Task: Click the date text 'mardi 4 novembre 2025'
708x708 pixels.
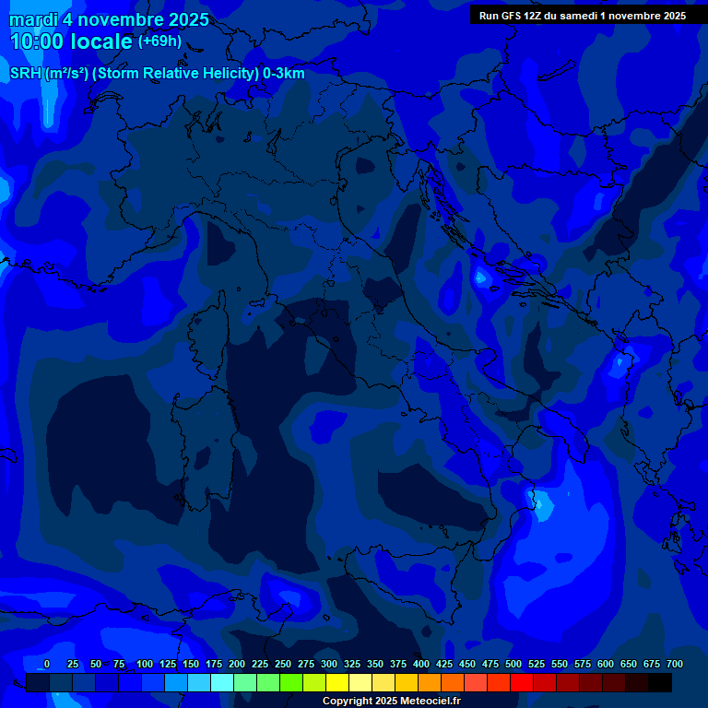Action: pyautogui.click(x=109, y=19)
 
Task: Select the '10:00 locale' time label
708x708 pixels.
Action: pyautogui.click(x=72, y=41)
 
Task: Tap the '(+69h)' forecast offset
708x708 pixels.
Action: pyautogui.click(x=159, y=41)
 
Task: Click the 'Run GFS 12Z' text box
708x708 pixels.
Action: pyautogui.click(x=582, y=16)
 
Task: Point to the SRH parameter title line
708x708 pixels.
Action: pyautogui.click(x=157, y=73)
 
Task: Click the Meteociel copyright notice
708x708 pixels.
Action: pyautogui.click(x=391, y=701)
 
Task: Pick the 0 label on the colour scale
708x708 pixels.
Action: pyautogui.click(x=47, y=664)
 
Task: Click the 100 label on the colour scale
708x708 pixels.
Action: pyautogui.click(x=145, y=664)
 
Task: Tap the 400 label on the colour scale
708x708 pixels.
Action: pyautogui.click(x=421, y=664)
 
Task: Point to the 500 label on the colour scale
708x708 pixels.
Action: pyautogui.click(x=513, y=664)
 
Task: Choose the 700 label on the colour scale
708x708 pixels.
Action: pyautogui.click(x=674, y=664)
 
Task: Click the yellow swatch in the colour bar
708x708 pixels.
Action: pyautogui.click(x=337, y=682)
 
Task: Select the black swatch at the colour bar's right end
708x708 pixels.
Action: pyautogui.click(x=660, y=682)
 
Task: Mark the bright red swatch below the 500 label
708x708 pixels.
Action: pyautogui.click(x=522, y=682)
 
